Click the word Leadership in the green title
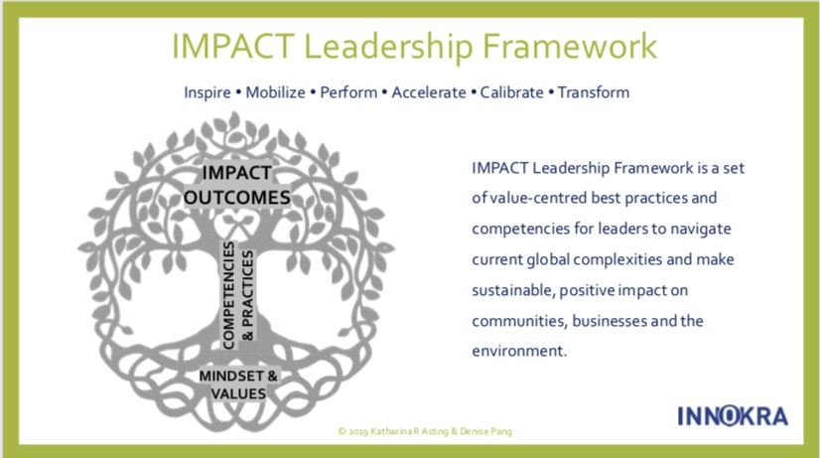[x=388, y=47]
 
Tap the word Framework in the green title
[x=570, y=46]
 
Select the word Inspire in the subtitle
[x=207, y=93]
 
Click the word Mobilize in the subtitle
[x=275, y=92]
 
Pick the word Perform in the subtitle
[x=348, y=92]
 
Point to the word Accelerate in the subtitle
[x=429, y=92]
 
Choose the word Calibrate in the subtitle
[x=511, y=92]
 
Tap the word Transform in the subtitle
[x=593, y=92]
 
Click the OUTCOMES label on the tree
[x=237, y=198]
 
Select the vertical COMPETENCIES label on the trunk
[x=228, y=295]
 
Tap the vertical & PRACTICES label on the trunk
[x=247, y=295]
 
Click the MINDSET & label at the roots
[x=238, y=376]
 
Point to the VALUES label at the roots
[x=238, y=393]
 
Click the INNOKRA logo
[x=733, y=416]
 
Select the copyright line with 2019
[x=425, y=432]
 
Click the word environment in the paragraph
[x=519, y=351]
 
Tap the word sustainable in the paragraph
[x=513, y=290]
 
